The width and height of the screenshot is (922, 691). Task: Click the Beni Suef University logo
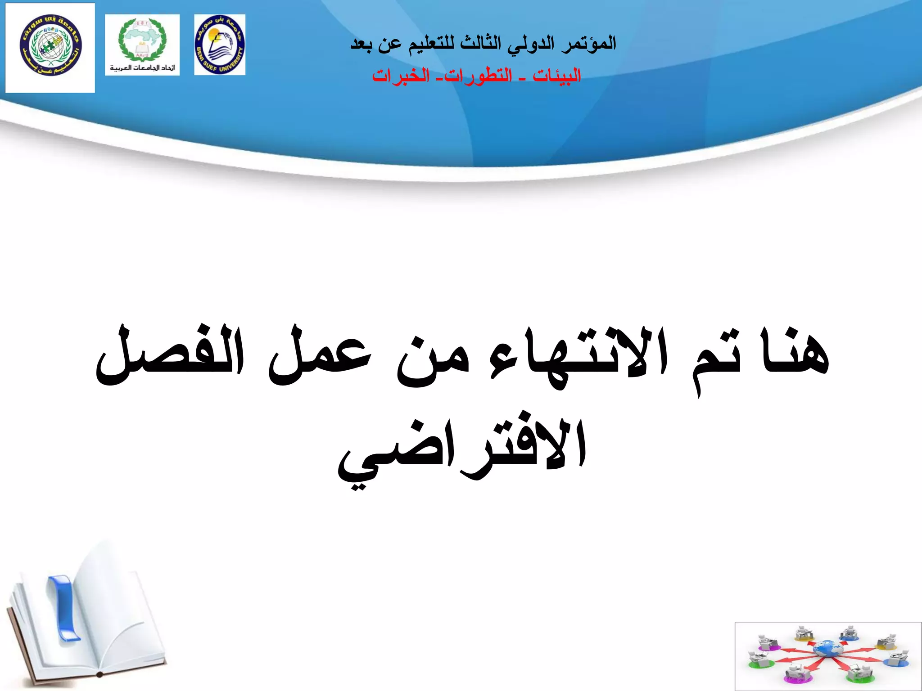click(220, 45)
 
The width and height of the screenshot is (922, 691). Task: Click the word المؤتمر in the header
click(589, 44)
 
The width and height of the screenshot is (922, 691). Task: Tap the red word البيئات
click(557, 76)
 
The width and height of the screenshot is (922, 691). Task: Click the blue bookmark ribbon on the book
click(63, 607)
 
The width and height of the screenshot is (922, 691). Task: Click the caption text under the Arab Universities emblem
click(142, 68)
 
